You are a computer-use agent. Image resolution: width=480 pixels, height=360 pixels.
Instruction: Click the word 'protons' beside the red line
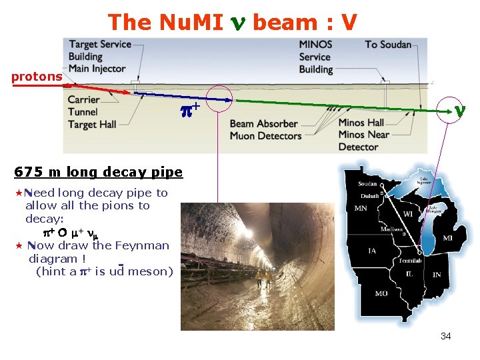pos(37,77)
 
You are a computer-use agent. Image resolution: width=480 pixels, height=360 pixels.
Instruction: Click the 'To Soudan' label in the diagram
pos(388,45)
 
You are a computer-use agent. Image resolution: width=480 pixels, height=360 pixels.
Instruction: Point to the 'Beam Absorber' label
pos(263,123)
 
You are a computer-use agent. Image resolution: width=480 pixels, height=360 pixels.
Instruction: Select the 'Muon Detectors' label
pos(265,136)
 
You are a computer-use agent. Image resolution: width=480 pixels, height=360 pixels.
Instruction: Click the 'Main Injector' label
pos(97,68)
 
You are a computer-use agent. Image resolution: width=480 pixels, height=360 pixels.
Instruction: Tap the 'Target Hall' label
pos(92,125)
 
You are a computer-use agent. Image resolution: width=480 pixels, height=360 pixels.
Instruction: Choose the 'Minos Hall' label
pos(361,123)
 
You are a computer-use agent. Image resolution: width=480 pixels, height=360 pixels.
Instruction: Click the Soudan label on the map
pos(367,184)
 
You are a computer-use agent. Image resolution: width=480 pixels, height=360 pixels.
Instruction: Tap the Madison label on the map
pos(391,229)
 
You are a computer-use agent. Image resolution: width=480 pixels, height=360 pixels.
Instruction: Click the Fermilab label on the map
pos(411,260)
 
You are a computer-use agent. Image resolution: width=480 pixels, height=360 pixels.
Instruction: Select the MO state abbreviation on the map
pos(381,293)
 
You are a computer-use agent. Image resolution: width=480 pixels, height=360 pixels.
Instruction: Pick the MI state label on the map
pos(447,238)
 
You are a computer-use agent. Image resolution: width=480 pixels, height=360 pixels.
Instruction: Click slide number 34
pos(445,336)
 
